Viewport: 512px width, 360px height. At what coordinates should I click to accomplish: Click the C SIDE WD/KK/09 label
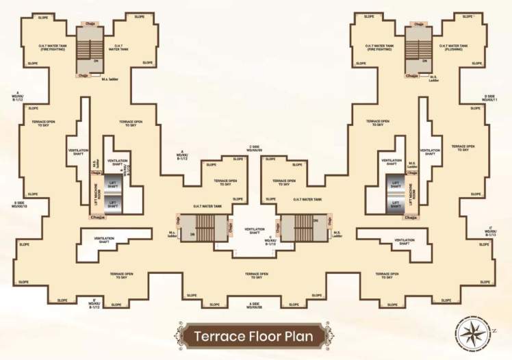254,148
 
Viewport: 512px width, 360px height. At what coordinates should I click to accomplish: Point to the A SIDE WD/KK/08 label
255,305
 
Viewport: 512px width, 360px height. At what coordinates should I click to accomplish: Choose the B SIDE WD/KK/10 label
19,204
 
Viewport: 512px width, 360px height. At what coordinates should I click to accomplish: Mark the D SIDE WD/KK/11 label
489,98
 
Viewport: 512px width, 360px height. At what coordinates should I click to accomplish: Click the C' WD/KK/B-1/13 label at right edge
493,233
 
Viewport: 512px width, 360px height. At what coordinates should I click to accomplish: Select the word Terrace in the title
218,336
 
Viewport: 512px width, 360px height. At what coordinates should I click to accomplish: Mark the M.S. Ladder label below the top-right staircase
433,79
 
